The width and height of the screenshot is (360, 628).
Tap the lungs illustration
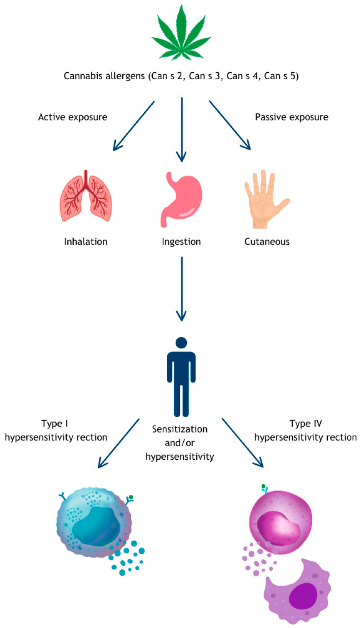click(x=85, y=196)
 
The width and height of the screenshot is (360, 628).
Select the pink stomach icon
click(x=180, y=199)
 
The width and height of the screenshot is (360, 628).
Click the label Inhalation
click(x=85, y=241)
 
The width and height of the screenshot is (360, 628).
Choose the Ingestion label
click(x=181, y=242)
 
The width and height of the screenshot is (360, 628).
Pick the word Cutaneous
click(x=267, y=241)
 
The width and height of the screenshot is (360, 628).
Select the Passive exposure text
click(x=291, y=117)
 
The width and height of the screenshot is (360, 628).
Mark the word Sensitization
click(x=180, y=429)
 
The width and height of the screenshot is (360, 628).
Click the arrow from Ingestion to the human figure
click(x=181, y=289)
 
